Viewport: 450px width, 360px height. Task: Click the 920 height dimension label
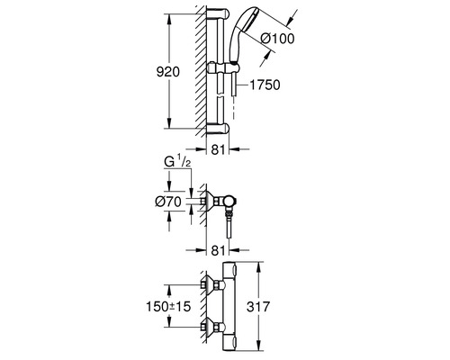[x=168, y=72]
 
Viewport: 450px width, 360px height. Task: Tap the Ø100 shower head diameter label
[x=277, y=39]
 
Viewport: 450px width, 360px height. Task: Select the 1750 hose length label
[x=265, y=85]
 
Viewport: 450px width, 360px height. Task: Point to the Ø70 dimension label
[x=168, y=202]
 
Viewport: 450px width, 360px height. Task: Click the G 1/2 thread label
[x=177, y=162]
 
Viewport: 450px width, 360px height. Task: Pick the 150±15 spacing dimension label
[x=168, y=307]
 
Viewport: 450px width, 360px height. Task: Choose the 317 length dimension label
[x=258, y=307]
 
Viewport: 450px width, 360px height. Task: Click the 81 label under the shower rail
[x=218, y=150]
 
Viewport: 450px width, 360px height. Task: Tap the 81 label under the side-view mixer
[x=218, y=251]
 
